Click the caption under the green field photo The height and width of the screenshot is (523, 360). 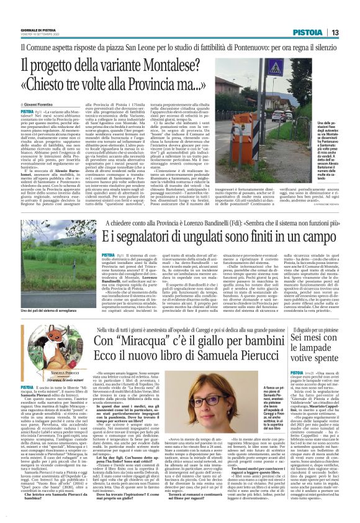pyautogui.click(x=49, y=310)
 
